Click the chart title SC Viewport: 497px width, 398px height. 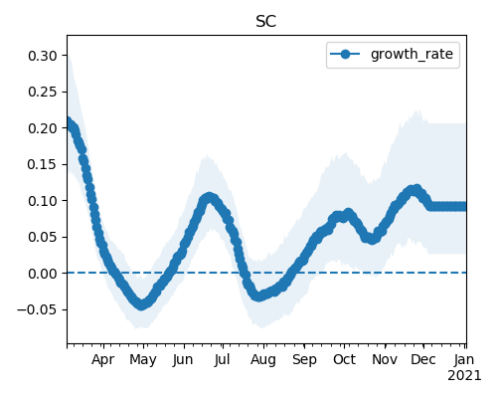tap(266, 22)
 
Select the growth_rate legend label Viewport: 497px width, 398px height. tap(412, 54)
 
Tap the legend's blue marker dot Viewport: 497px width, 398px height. tap(345, 54)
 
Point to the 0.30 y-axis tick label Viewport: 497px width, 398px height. tap(43, 56)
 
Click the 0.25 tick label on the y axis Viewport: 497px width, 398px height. tap(43, 92)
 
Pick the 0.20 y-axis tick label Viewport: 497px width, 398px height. tap(43, 128)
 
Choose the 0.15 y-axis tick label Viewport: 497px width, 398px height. tap(43, 164)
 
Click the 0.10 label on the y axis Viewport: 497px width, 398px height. tap(43, 201)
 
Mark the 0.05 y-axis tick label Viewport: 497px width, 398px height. tap(43, 237)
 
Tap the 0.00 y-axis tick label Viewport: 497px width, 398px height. tap(43, 274)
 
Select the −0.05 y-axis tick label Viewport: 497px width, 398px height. tap(37, 309)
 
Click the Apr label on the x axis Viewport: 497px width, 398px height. tap(103, 359)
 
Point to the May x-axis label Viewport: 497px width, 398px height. tap(143, 359)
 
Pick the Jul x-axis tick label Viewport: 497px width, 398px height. tap(222, 359)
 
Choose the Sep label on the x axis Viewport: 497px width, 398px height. tap(304, 359)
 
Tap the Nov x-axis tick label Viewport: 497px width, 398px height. tap(385, 359)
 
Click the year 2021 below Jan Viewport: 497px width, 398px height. tap(464, 376)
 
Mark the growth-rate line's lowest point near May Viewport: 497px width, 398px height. tap(142, 304)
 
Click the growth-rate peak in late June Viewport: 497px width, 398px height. tap(209, 198)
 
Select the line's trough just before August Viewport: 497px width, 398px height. tap(258, 297)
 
